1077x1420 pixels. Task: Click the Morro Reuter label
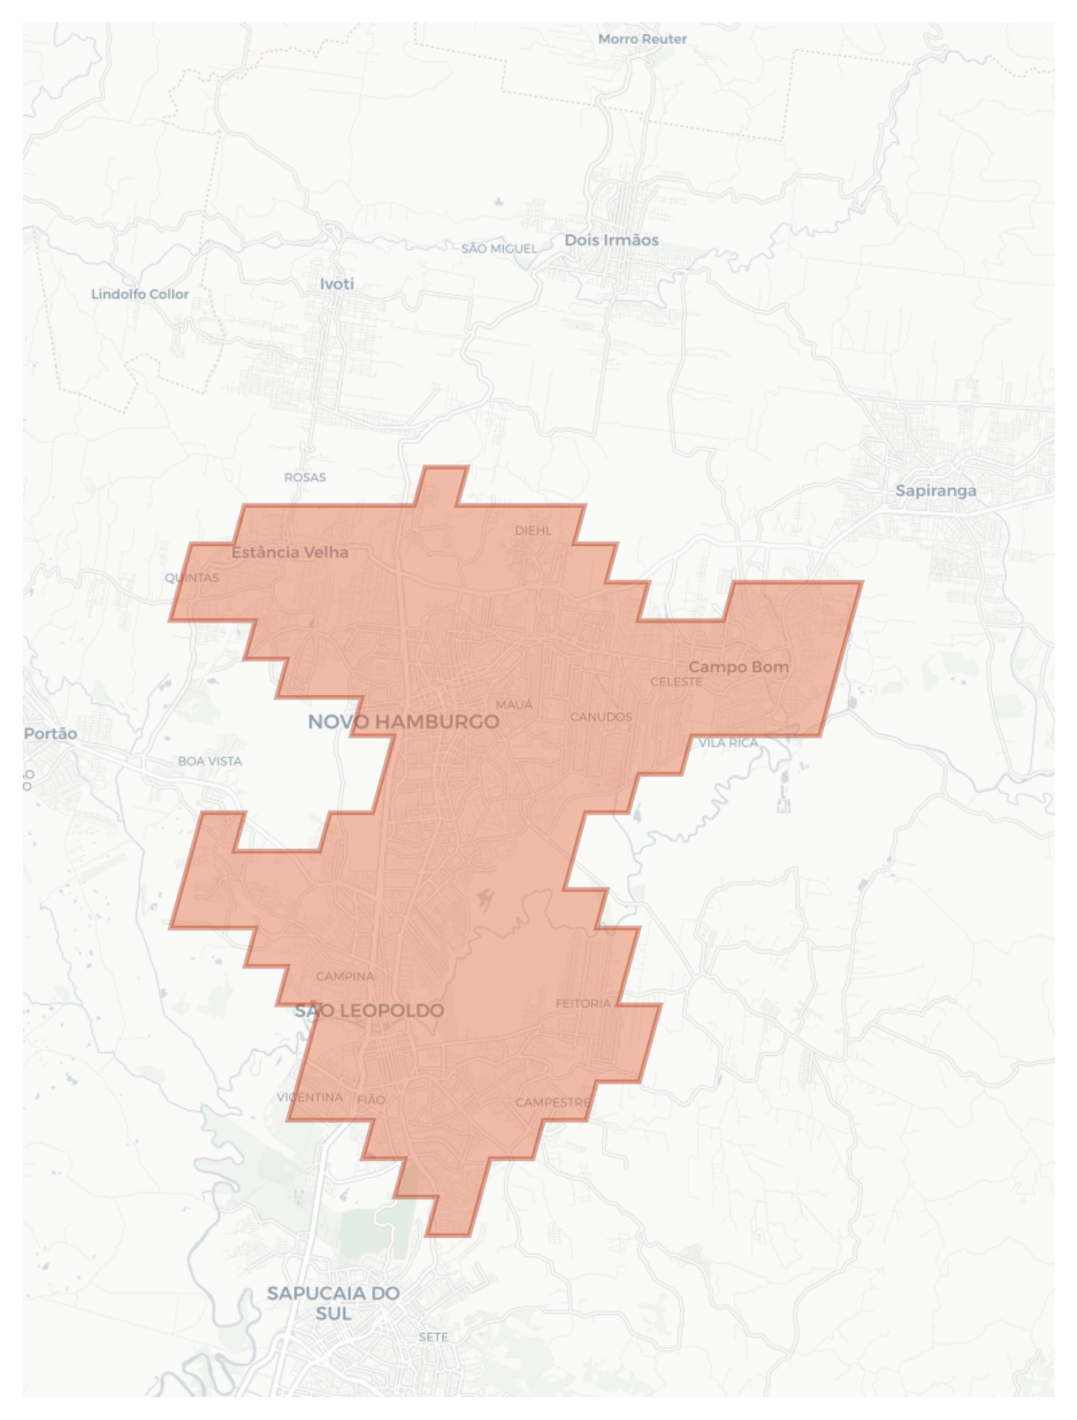pos(642,39)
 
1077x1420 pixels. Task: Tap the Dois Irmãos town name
pos(611,240)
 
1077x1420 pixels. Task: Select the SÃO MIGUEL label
pos(499,249)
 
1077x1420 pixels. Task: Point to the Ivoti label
pos(337,284)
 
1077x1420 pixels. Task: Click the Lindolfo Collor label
pos(140,294)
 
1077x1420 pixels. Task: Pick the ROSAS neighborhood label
pos(305,477)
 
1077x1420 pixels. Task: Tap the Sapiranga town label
pos(936,490)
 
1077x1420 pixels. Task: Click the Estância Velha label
pos(289,552)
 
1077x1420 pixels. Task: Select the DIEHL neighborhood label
pos(533,531)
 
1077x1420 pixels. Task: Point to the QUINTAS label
pos(192,577)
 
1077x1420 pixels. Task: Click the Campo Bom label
pos(739,667)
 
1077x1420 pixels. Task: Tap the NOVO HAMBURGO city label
pos(403,722)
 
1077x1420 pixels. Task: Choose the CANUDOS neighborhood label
pos(601,716)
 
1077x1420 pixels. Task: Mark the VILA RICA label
pos(729,742)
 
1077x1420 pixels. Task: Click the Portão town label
pos(50,734)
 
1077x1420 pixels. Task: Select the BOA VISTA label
pos(210,762)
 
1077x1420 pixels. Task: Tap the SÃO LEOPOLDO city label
pos(370,1011)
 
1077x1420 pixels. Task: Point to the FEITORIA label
pos(584,1003)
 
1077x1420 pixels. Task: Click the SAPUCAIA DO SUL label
pos(334,1303)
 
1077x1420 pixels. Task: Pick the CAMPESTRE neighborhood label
pos(553,1102)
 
